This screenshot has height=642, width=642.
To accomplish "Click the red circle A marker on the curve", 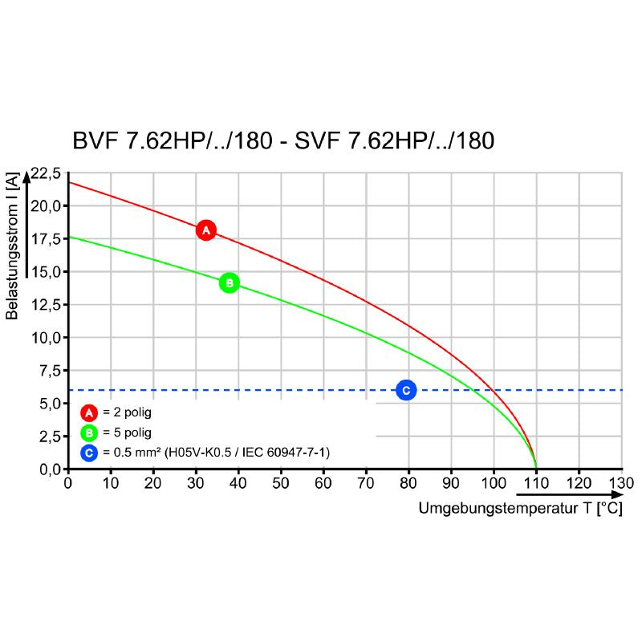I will [x=206, y=230].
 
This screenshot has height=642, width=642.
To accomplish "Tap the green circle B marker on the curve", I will [x=230, y=282].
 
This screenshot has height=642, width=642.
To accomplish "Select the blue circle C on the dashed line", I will [x=406, y=390].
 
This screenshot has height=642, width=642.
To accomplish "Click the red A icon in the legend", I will [x=89, y=413].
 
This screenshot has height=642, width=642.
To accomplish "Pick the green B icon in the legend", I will [x=89, y=433].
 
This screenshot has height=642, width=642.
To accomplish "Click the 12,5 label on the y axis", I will [x=45, y=305].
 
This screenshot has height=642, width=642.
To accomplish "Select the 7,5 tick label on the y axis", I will [x=48, y=371].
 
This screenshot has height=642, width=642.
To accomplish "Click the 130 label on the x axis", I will [x=621, y=483].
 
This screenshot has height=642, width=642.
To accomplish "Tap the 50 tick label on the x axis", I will [x=280, y=483].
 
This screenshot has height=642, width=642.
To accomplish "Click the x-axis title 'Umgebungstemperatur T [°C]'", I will [x=520, y=509].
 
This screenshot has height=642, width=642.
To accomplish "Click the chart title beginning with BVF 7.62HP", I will [x=283, y=141].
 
